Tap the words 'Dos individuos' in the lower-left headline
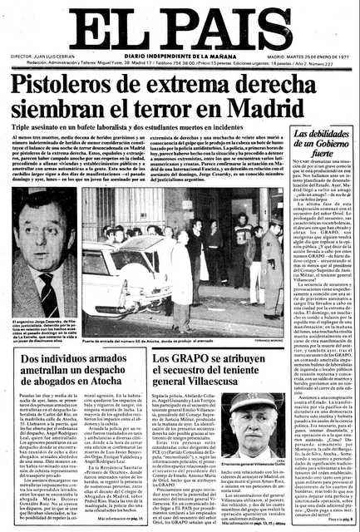[50, 336]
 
